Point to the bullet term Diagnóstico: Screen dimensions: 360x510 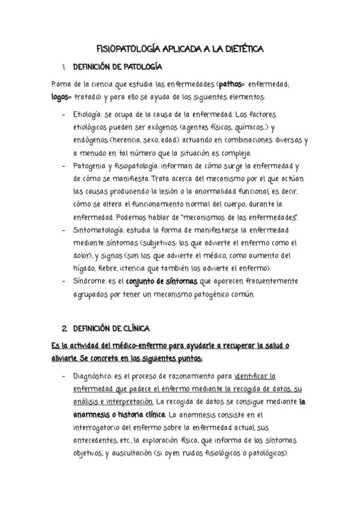tap(96, 376)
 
